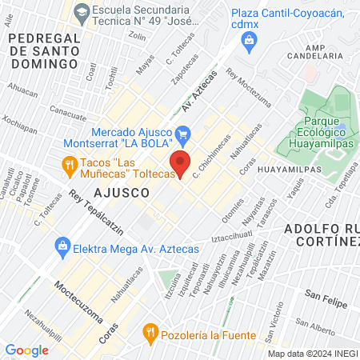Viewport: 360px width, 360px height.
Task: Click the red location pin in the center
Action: click(x=181, y=162)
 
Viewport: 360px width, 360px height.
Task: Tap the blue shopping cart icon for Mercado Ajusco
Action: click(x=184, y=133)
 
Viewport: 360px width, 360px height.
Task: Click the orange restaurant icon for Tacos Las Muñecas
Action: click(x=70, y=166)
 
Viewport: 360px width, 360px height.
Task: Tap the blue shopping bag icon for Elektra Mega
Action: click(x=61, y=246)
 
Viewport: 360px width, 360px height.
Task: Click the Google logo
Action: click(x=26, y=350)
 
